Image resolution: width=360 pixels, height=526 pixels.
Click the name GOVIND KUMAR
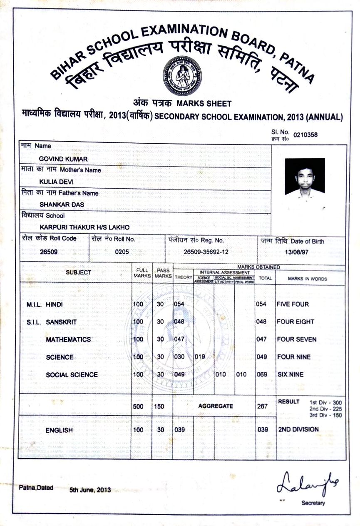pos(63,159)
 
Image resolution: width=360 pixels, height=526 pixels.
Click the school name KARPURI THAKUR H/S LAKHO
pos(84,227)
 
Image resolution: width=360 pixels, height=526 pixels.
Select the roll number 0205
pos(122,252)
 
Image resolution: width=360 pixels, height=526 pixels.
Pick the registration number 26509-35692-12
pos(206,252)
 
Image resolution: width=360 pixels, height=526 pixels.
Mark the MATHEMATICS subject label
pos(68,339)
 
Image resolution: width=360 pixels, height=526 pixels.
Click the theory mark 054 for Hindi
pos(179,304)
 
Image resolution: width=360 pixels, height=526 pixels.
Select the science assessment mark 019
pos(200,357)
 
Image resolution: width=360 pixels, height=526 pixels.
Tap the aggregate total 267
pos(262,406)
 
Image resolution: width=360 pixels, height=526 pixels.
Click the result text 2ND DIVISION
pos(298,429)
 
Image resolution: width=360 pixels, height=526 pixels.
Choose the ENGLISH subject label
pos(59,430)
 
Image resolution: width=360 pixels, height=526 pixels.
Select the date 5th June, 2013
pos(90,490)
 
